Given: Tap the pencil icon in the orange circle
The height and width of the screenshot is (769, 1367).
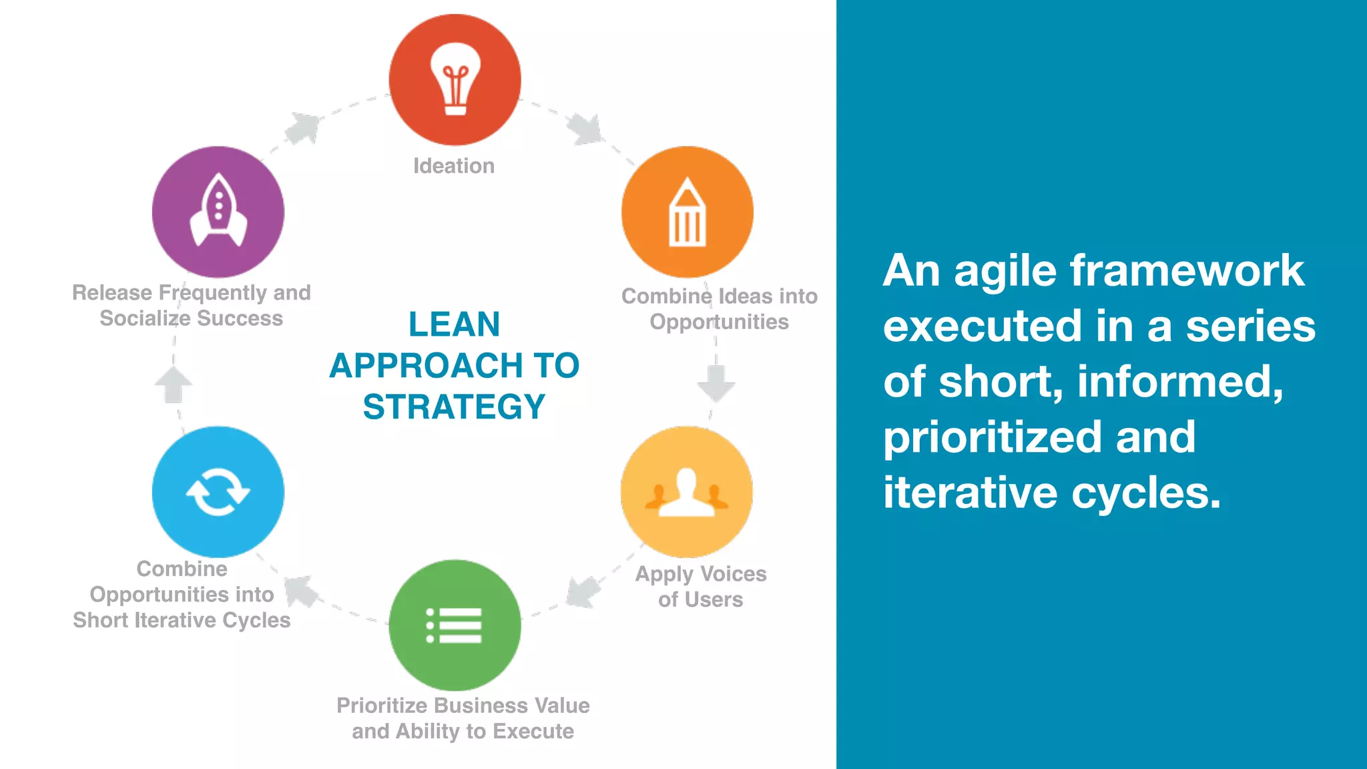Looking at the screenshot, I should coord(687,213).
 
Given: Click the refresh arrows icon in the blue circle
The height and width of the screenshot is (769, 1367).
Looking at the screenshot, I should coord(218,492).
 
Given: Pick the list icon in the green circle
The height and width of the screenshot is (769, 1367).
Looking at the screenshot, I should coord(455,625).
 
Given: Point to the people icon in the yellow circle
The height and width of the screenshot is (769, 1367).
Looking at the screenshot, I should coord(686,493).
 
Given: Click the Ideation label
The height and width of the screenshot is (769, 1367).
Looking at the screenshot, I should coord(454,166).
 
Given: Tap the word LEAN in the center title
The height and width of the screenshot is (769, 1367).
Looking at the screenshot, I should coord(454,324).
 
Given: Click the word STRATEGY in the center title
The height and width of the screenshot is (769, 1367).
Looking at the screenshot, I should coord(454,407).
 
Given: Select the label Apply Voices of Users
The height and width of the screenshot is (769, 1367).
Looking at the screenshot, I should coord(700,586).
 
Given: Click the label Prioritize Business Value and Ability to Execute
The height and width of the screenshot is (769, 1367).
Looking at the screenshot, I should coord(463,718).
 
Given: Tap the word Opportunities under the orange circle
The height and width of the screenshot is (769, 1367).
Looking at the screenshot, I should coord(719,322).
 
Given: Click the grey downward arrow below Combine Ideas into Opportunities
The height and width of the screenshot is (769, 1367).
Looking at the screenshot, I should coord(716,382).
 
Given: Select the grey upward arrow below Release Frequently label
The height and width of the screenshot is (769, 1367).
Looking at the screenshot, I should coord(174,385).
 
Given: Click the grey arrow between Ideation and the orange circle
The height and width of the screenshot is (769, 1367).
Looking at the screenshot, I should coord(585,128).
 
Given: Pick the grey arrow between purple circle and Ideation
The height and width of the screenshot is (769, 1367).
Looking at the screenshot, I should coord(303,128).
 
